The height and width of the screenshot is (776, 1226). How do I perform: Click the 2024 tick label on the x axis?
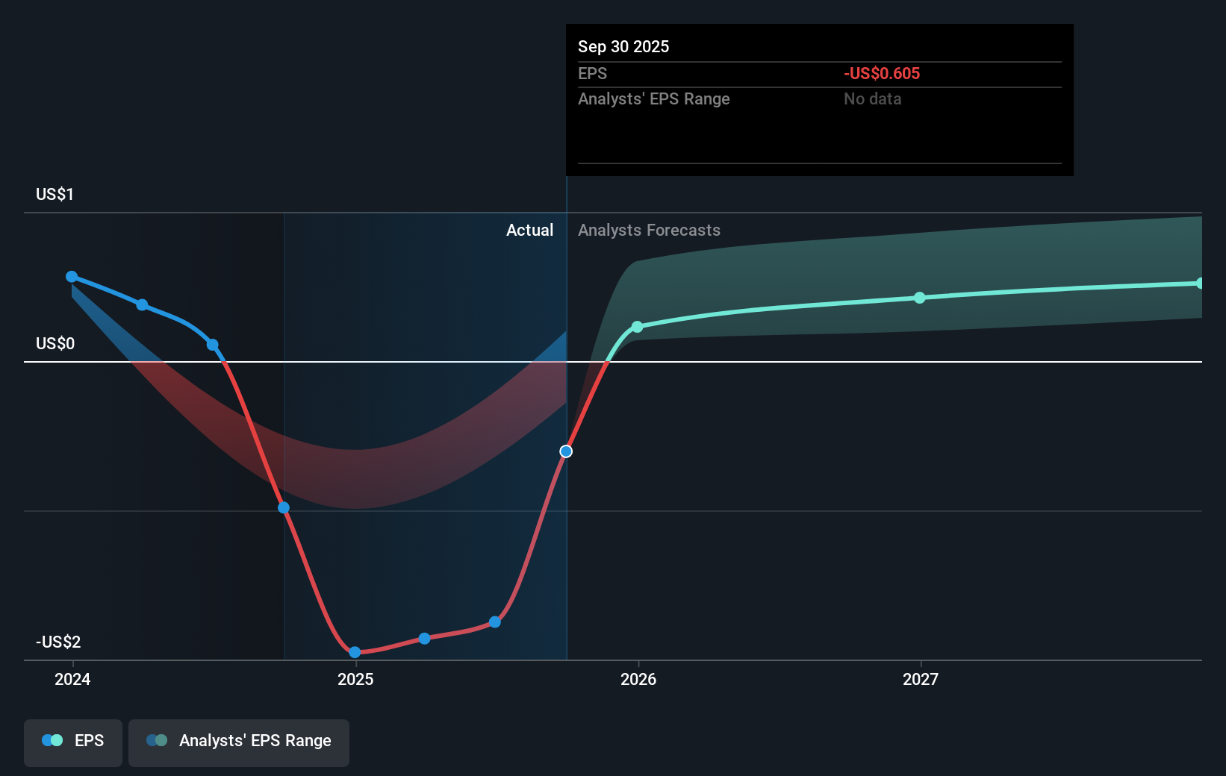click(x=72, y=679)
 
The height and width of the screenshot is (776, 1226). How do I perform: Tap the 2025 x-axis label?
click(x=355, y=679)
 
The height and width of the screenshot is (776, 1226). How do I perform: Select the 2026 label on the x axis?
click(x=638, y=679)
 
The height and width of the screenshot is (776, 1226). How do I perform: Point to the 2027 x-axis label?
click(x=921, y=679)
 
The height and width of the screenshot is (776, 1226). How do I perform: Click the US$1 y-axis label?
click(x=55, y=195)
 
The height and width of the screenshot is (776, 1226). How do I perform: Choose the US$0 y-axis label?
click(x=55, y=344)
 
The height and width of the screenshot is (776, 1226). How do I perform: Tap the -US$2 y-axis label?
click(x=58, y=642)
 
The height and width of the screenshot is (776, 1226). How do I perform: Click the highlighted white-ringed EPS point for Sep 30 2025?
click(x=566, y=451)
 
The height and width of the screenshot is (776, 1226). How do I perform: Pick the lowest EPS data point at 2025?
click(x=355, y=652)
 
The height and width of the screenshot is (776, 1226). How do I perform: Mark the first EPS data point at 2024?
click(x=72, y=277)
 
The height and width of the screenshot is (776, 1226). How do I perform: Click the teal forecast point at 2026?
click(x=637, y=327)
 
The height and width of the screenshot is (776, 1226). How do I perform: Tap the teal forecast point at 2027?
click(x=920, y=298)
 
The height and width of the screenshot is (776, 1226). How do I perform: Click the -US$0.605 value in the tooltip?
click(x=882, y=74)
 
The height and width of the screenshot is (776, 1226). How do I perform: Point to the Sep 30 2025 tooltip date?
click(x=623, y=47)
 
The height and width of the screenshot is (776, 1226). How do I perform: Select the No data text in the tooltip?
click(x=872, y=99)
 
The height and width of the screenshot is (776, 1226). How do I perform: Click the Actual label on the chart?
click(x=529, y=231)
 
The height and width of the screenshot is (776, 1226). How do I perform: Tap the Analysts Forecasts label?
click(x=649, y=231)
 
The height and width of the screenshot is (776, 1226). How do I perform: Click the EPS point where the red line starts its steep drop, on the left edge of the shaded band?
click(x=284, y=508)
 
